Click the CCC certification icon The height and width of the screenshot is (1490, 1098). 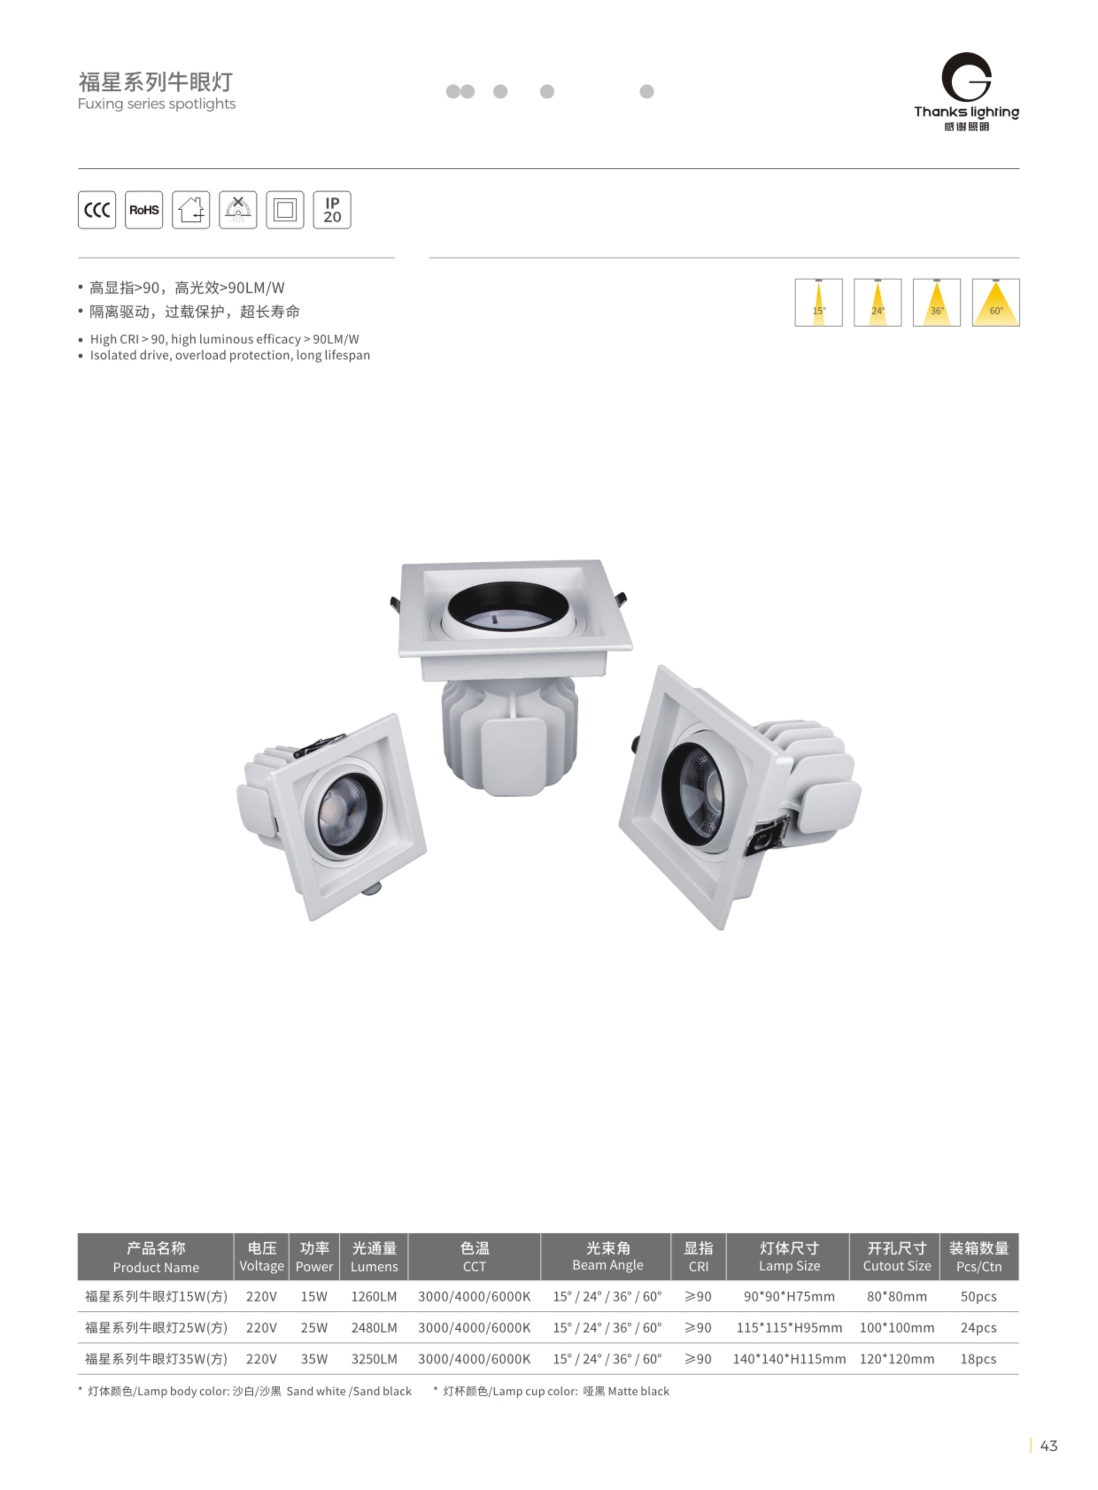click(97, 210)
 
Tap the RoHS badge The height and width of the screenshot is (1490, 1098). click(144, 210)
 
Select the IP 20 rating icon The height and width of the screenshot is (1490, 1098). click(332, 210)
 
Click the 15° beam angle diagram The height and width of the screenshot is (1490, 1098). click(819, 302)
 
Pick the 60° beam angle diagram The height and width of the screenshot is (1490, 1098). click(996, 302)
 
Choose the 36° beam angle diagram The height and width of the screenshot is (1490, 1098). click(936, 302)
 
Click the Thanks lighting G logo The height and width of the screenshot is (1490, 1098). click(967, 77)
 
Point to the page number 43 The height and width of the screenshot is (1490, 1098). click(1049, 1445)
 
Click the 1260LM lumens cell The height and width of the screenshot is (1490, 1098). click(374, 1296)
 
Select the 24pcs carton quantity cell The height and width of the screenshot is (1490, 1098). click(978, 1327)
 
